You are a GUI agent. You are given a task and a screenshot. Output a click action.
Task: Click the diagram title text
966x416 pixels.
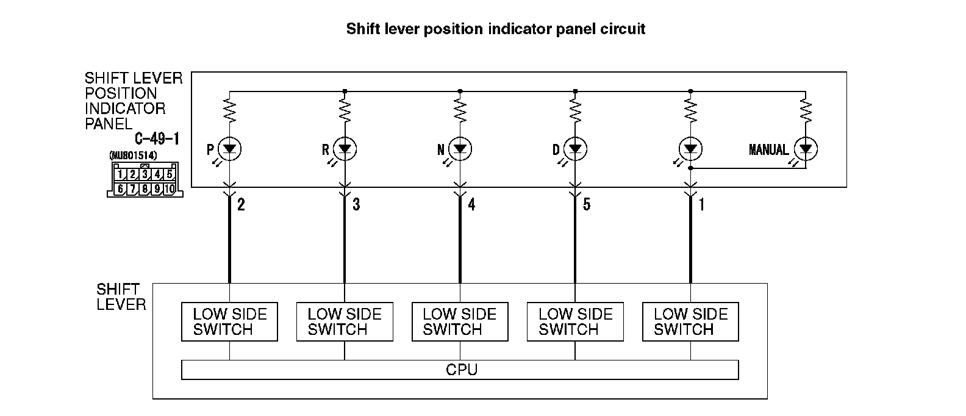(495, 29)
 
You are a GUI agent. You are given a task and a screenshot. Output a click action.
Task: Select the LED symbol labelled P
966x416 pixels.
(230, 149)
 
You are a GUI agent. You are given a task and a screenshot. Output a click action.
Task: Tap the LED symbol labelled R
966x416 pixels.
(345, 149)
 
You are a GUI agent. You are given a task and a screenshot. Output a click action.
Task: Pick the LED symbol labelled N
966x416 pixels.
(460, 149)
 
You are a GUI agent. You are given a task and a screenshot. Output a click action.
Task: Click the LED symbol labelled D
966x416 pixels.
(575, 149)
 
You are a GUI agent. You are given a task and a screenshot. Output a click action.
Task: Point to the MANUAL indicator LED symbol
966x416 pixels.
(806, 149)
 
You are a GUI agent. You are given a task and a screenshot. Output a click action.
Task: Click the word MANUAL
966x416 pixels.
(768, 149)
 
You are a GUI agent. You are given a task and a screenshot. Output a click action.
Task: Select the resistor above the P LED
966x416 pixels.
(230, 111)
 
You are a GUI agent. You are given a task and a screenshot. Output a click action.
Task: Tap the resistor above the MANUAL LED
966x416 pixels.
(806, 111)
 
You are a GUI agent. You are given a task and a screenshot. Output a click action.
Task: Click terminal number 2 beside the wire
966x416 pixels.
(241, 205)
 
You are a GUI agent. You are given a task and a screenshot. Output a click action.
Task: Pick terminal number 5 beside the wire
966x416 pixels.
(587, 205)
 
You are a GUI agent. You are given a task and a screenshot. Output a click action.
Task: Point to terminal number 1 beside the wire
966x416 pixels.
(702, 205)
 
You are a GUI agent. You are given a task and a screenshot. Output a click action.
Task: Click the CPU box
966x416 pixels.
(460, 370)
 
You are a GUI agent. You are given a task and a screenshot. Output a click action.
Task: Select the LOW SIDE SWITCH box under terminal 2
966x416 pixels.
(230, 322)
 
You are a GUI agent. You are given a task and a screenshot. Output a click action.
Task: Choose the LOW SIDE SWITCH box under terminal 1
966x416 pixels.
(690, 322)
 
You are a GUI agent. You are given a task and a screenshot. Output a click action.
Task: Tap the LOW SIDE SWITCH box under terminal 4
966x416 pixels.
(460, 322)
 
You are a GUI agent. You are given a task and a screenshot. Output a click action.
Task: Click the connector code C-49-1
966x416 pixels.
(157, 140)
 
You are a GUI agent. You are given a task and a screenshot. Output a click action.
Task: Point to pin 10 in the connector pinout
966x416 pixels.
(169, 189)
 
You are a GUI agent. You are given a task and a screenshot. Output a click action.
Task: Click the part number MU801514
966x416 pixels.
(133, 156)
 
